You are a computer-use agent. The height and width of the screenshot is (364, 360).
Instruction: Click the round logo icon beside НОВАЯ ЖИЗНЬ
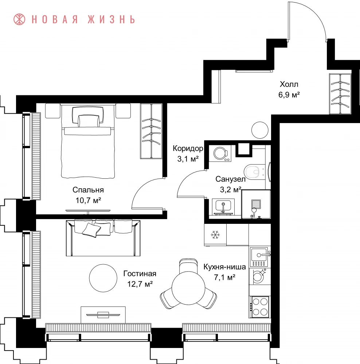coord(19,19)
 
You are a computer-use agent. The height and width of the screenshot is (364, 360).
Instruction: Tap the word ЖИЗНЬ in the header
coord(111,20)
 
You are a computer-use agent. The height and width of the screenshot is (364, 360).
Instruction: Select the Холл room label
coord(289,84)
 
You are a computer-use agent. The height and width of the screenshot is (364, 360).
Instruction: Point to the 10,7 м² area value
coord(88,200)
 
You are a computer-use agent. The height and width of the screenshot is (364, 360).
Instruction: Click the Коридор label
coord(188,148)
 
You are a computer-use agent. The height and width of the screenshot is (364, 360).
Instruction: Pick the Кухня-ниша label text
coord(224,267)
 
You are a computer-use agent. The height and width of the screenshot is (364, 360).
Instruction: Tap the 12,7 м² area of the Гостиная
coord(140,284)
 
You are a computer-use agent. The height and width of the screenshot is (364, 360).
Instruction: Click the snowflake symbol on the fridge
coord(215,235)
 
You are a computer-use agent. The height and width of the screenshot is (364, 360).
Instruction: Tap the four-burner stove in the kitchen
coord(260,307)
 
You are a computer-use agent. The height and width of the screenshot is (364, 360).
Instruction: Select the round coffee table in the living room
coord(103,278)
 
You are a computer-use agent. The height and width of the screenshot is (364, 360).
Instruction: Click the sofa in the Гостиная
coord(103,238)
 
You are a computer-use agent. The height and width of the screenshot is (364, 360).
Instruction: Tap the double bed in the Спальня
coord(88,141)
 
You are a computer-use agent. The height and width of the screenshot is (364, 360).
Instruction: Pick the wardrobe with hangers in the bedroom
coord(151,131)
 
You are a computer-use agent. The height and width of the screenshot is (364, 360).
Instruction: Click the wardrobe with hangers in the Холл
coord(340,94)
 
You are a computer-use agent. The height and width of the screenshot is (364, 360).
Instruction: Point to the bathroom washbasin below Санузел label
coord(223,206)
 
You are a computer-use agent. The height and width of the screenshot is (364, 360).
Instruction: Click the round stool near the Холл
coord(260,130)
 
